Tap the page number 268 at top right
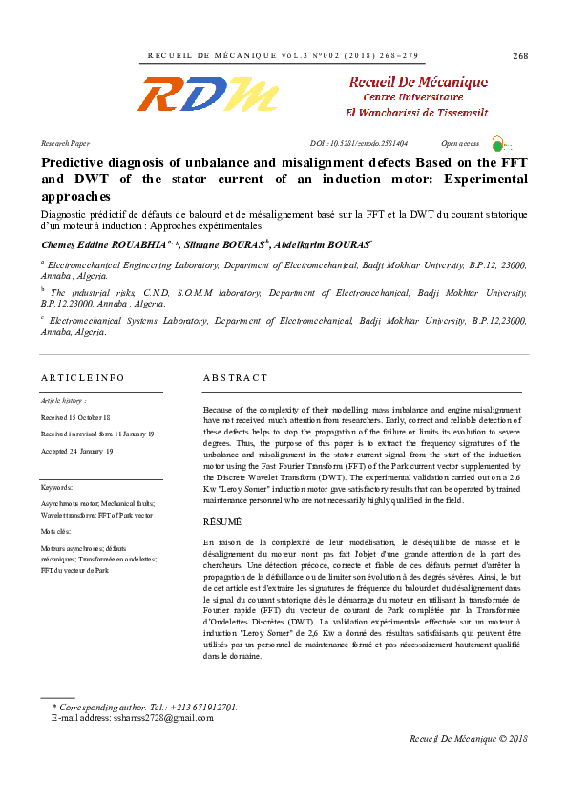(x=520, y=56)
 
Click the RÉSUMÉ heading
(x=222, y=522)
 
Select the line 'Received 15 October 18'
(x=75, y=417)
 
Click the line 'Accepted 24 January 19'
(x=76, y=450)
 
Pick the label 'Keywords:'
(x=57, y=487)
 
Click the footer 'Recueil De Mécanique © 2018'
(x=468, y=739)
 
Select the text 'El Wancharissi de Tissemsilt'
(x=417, y=112)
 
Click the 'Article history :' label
(x=63, y=401)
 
